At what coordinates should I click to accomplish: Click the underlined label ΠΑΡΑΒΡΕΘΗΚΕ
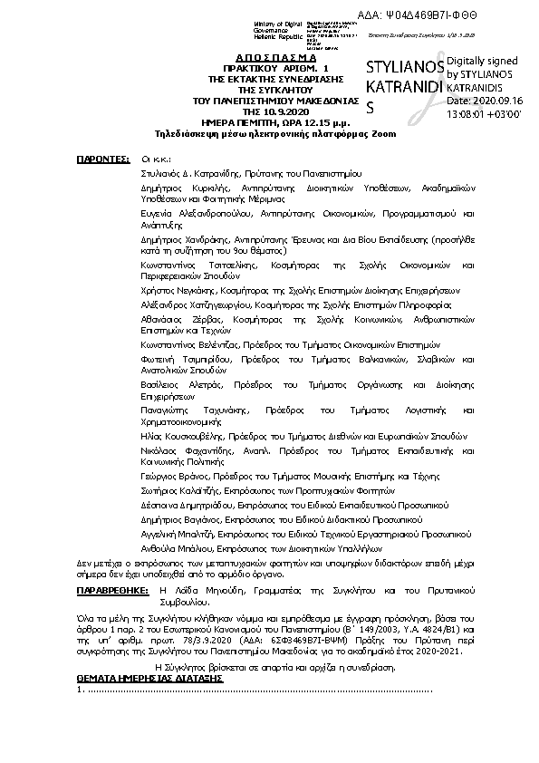click(111, 589)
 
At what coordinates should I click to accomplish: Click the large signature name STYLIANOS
click(403, 68)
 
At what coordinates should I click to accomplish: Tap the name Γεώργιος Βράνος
click(172, 475)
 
